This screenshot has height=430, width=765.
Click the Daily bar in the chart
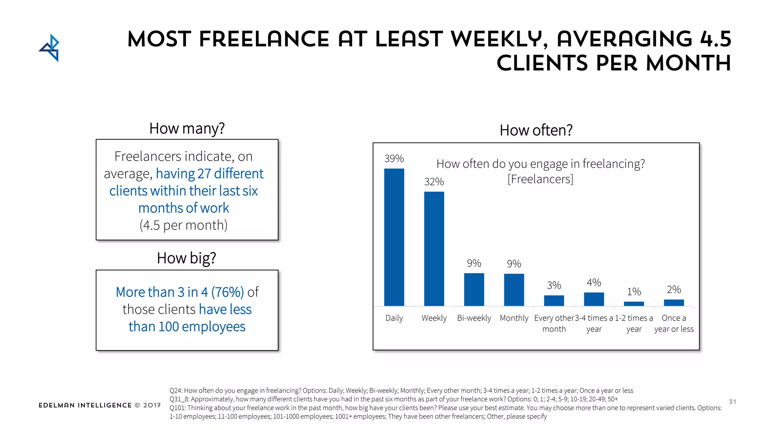click(x=394, y=237)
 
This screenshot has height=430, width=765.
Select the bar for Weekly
click(x=434, y=249)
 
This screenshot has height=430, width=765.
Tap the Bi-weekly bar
click(x=474, y=290)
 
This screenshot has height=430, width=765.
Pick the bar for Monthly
click(x=514, y=290)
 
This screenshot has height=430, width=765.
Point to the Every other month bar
click(x=554, y=300)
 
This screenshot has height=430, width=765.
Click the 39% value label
click(x=394, y=159)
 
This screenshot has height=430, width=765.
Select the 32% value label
click(x=434, y=182)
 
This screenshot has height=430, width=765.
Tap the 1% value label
click(x=634, y=292)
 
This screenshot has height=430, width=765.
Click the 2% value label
click(x=674, y=289)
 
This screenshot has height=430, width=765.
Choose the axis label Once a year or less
click(x=674, y=323)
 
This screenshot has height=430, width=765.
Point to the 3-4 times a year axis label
click(x=594, y=323)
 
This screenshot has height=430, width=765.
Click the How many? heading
click(x=187, y=128)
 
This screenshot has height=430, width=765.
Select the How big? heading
click(x=186, y=258)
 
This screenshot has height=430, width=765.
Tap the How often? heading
click(x=536, y=130)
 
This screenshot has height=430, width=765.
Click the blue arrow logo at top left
click(x=50, y=48)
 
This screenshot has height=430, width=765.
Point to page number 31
click(x=733, y=402)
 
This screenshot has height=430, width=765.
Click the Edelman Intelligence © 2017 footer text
click(x=100, y=405)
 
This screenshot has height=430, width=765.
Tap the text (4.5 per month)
click(x=183, y=225)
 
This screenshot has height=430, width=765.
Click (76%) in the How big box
click(x=227, y=292)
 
